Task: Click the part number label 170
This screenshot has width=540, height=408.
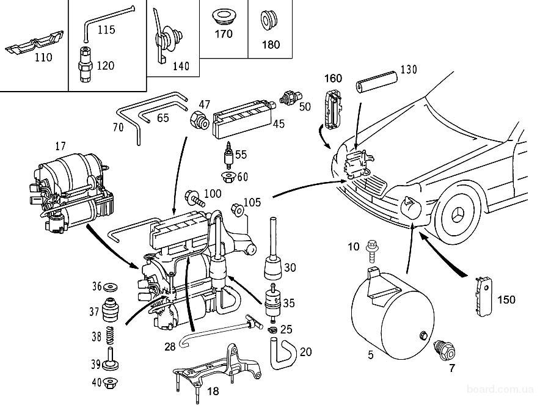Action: pos(224,34)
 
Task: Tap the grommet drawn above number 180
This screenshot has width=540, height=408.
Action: pos(269,20)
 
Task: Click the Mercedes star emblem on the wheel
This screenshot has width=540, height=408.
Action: pos(458,216)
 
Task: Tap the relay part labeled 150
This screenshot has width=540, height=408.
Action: pos(484,296)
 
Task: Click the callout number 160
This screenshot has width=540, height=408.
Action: pos(333,78)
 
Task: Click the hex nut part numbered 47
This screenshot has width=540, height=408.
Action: pos(199,120)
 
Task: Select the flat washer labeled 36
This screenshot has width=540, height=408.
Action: pos(111,287)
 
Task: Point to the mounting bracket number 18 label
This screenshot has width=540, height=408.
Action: pos(213,391)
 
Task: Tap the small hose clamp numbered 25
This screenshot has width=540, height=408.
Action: pos(273,329)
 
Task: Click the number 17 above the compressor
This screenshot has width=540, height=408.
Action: pos(60,146)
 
